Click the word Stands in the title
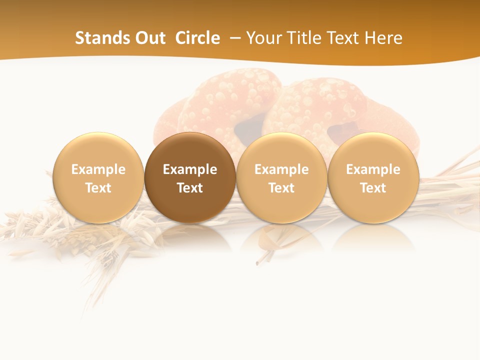[103, 38]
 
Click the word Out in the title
[150, 38]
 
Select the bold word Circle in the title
[197, 38]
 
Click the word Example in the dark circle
[190, 169]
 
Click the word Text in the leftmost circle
[98, 188]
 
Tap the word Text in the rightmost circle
[373, 188]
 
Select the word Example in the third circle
[281, 169]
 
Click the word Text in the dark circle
[190, 188]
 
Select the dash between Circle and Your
[233, 38]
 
